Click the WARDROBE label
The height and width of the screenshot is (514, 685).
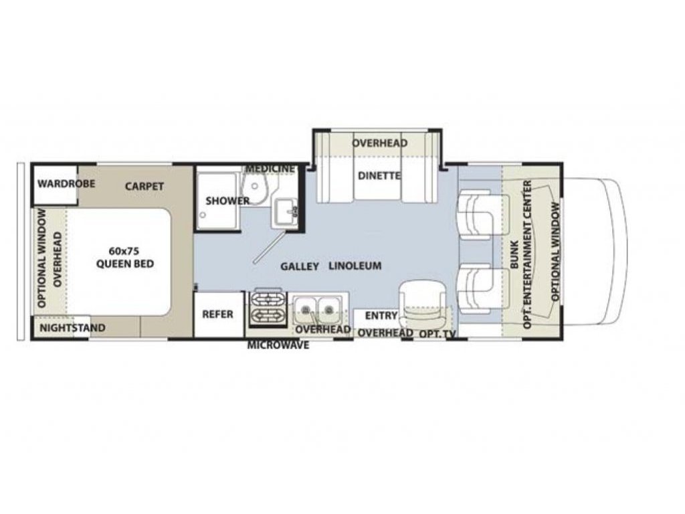click(x=66, y=183)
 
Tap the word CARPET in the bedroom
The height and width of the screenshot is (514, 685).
click(x=144, y=186)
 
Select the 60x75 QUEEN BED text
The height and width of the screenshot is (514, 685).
click(x=125, y=258)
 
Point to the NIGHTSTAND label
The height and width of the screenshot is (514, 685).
click(x=73, y=328)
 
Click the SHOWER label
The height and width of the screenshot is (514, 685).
click(x=227, y=201)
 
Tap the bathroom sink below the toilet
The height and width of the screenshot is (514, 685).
click(x=285, y=213)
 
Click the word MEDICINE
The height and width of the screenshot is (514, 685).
click(x=270, y=169)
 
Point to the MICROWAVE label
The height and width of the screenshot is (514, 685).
click(x=278, y=345)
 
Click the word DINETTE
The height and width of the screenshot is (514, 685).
click(x=379, y=176)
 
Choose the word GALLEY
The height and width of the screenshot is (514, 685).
click(x=300, y=266)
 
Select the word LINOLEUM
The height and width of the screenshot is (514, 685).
click(x=355, y=266)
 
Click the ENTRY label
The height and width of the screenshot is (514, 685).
click(x=381, y=316)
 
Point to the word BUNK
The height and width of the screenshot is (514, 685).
click(x=514, y=255)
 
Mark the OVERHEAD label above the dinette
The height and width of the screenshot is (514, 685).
click(x=380, y=143)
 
